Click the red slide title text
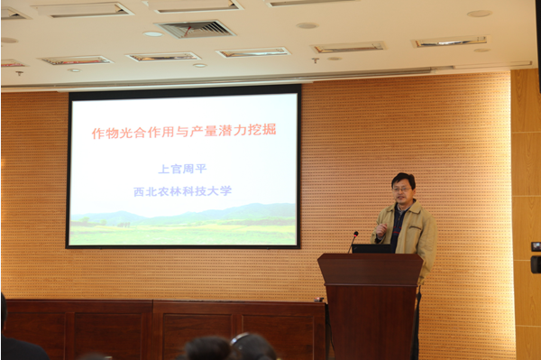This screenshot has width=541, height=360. [184, 131]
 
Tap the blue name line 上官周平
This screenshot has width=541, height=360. [182, 169]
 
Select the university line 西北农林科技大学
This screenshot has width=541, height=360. [182, 191]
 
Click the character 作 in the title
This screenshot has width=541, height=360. [98, 134]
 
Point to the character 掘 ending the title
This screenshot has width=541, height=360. [269, 130]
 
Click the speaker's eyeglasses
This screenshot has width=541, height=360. [401, 189]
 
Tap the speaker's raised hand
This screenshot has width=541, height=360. [381, 229]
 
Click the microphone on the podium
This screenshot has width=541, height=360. [353, 242]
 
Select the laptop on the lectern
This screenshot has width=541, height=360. [371, 248]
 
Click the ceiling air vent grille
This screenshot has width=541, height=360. [196, 29]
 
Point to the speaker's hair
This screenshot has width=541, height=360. [403, 179]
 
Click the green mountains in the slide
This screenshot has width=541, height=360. [183, 214]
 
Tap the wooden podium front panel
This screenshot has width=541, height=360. [371, 321]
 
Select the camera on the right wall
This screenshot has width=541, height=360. [536, 264]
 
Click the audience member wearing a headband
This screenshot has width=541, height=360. [253, 346]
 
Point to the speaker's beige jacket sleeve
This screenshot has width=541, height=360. [427, 248]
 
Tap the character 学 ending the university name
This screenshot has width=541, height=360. [225, 190]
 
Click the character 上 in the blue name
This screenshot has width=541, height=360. [164, 169]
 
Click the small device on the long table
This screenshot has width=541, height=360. [319, 300]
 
